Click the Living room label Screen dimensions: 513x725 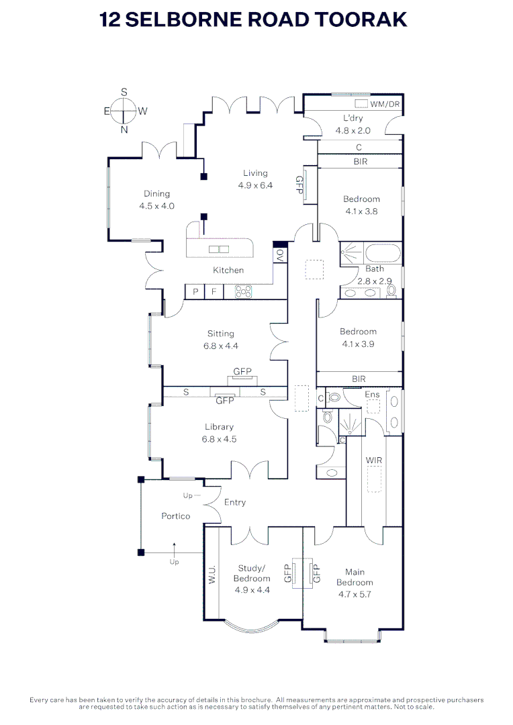tap(255, 173)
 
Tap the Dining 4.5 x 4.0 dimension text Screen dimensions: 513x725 tap(157, 206)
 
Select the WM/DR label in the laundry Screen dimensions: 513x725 tap(385, 104)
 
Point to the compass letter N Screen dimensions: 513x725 tap(124, 130)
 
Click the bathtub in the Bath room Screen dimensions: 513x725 tap(383, 253)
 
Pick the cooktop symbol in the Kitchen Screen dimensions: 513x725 tap(243, 292)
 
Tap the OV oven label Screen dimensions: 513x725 tap(280, 255)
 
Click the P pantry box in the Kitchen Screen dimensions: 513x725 tap(195, 292)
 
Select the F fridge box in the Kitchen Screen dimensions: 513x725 tap(214, 292)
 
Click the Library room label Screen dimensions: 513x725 tap(220, 427)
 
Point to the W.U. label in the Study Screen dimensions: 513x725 tap(212, 574)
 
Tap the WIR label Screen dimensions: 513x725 tap(374, 460)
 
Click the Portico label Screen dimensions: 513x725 tap(176, 516)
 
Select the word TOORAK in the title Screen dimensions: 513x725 tap(361, 20)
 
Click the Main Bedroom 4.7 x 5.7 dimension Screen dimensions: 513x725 tap(355, 595)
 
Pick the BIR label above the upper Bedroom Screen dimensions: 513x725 tap(361, 161)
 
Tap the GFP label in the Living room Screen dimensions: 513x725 tap(299, 185)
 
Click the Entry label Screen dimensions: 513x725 tap(235, 503)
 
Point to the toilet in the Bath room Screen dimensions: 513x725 tap(392, 291)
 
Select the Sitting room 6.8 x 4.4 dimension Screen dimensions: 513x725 tap(221, 346)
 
